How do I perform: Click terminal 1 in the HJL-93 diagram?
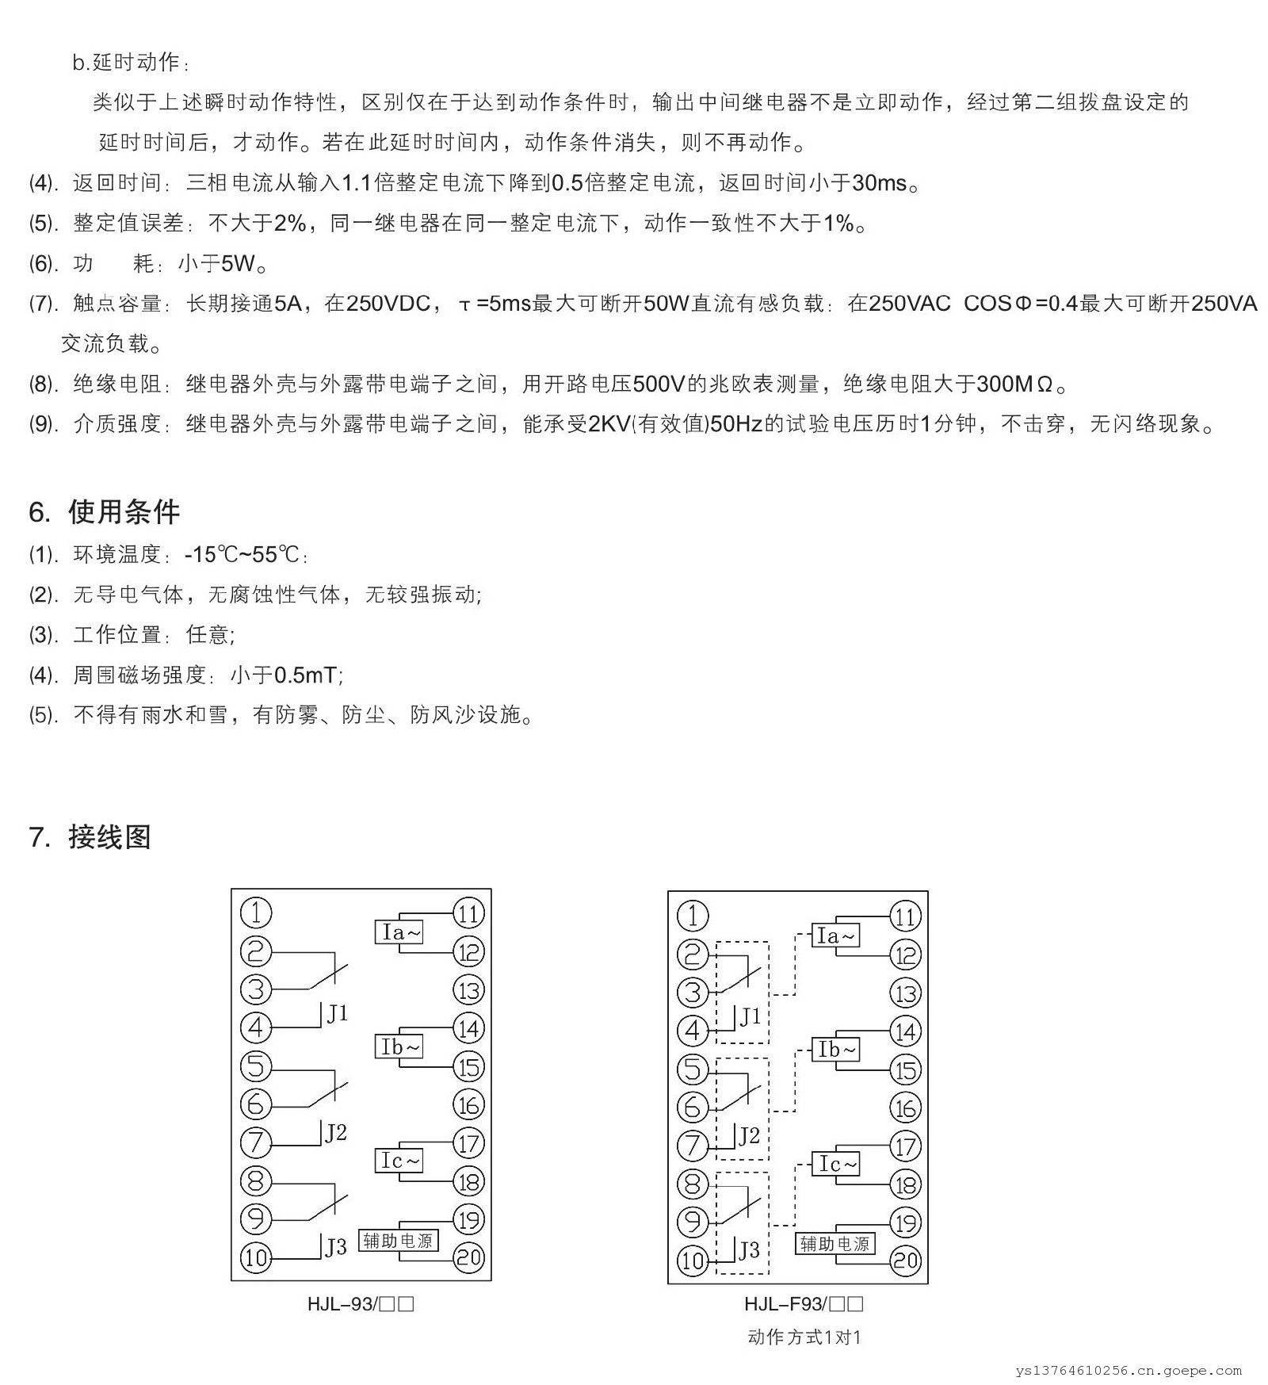click(255, 912)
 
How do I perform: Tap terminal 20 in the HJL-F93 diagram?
click(905, 1261)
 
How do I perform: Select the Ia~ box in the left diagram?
click(399, 932)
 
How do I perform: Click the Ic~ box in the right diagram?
click(836, 1164)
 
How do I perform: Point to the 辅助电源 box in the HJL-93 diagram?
click(398, 1241)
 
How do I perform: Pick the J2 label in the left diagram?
click(336, 1133)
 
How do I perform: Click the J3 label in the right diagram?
click(749, 1250)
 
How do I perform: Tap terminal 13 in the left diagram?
click(468, 989)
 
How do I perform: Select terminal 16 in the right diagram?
click(905, 1108)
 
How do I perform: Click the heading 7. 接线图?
click(90, 837)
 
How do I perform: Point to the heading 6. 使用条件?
click(104, 512)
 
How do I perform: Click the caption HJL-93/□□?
click(361, 1304)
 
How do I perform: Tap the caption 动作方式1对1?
click(804, 1337)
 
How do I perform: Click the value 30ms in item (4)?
click(879, 183)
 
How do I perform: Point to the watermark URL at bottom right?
click(1129, 1370)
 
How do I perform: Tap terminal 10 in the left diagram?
click(255, 1257)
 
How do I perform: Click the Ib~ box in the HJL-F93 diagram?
click(836, 1050)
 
